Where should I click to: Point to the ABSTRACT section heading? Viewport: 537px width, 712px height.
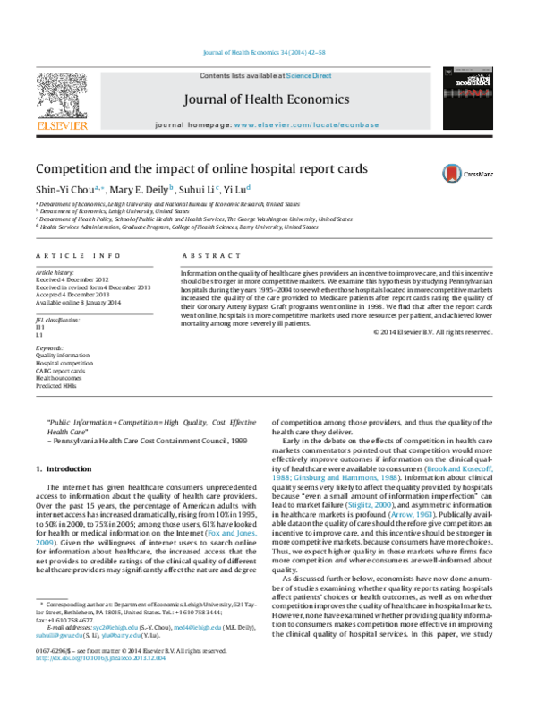(x=206, y=256)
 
